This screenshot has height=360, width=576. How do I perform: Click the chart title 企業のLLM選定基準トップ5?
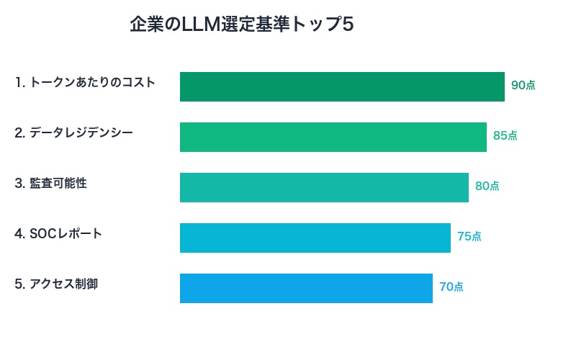pyautogui.click(x=241, y=25)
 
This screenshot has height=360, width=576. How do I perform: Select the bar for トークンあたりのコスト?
pyautogui.click(x=342, y=86)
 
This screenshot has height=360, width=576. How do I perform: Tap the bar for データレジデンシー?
pyautogui.click(x=333, y=137)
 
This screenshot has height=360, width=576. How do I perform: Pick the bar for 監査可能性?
pyautogui.click(x=324, y=187)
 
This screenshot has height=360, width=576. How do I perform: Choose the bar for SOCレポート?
pyautogui.click(x=315, y=238)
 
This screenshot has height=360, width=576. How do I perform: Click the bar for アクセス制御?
pyautogui.click(x=306, y=288)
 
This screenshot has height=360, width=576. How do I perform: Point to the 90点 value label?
pyautogui.click(x=523, y=85)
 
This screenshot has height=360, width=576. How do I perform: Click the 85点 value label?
pyautogui.click(x=505, y=135)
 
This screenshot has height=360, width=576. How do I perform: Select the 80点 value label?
pyautogui.click(x=487, y=186)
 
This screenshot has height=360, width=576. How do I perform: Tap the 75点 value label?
pyautogui.click(x=469, y=236)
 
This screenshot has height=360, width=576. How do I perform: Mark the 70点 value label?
pyautogui.click(x=451, y=287)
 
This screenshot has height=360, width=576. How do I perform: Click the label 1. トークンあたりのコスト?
pyautogui.click(x=85, y=82)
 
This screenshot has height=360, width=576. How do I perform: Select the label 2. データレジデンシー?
pyautogui.click(x=73, y=132)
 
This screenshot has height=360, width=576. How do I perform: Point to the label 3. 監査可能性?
pyautogui.click(x=50, y=183)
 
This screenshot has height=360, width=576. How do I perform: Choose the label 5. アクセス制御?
pyautogui.click(x=56, y=284)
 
